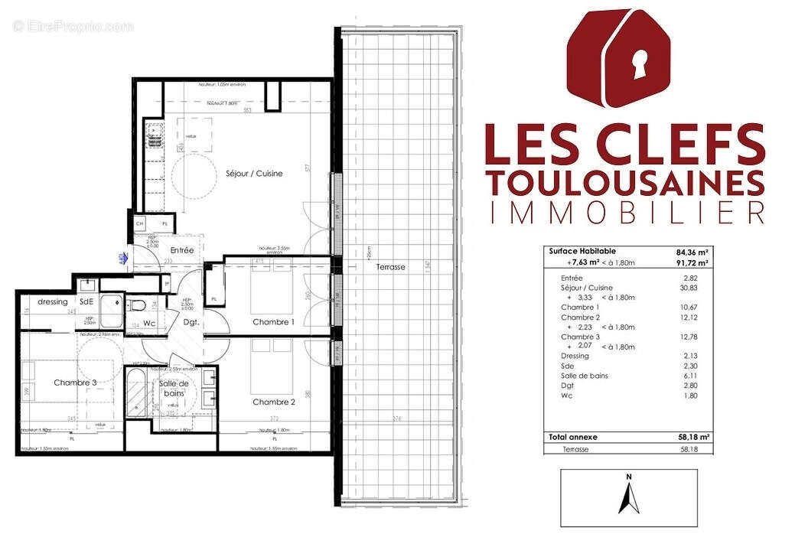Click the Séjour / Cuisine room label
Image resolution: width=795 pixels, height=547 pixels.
(x=254, y=174)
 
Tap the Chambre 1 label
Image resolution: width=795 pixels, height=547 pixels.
(x=273, y=322)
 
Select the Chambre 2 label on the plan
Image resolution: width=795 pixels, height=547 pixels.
(x=274, y=402)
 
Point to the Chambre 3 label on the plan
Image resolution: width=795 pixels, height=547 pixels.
(x=75, y=383)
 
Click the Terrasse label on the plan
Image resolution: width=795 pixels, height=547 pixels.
(x=390, y=267)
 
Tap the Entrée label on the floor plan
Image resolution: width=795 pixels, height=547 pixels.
(x=181, y=250)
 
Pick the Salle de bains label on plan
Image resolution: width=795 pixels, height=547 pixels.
(x=176, y=389)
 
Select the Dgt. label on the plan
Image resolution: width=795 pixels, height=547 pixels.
(x=191, y=323)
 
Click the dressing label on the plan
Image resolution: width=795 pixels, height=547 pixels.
(x=53, y=301)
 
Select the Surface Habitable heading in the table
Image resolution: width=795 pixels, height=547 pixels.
(x=582, y=251)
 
